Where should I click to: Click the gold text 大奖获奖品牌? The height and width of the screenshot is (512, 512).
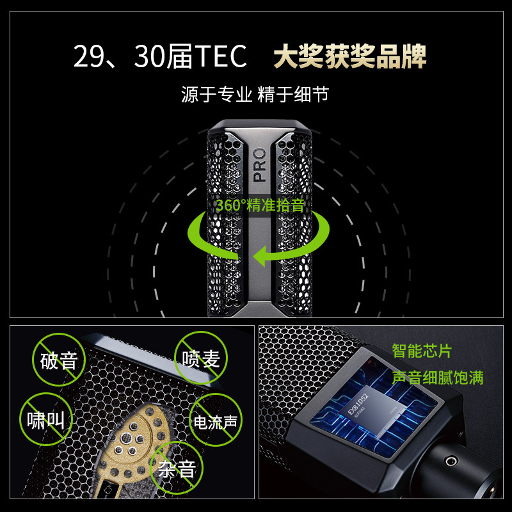[x=349, y=56]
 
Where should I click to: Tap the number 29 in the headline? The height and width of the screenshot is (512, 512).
[x=87, y=56]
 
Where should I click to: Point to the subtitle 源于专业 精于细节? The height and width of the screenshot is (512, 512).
[x=255, y=94]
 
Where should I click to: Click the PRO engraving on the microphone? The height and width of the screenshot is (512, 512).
[x=260, y=165]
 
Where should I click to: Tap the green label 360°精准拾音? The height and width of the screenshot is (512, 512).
[x=260, y=205]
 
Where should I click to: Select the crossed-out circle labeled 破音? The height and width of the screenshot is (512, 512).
[x=59, y=360]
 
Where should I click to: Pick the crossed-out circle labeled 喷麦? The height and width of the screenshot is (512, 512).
[x=201, y=358]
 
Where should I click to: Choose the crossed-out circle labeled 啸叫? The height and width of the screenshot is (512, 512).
[x=45, y=419]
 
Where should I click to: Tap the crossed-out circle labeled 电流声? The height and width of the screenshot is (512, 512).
[x=216, y=420]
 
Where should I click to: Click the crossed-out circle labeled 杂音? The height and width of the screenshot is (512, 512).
[x=177, y=468]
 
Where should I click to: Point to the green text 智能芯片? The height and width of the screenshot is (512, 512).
[x=422, y=351]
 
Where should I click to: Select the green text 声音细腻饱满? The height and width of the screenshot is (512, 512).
[x=438, y=378]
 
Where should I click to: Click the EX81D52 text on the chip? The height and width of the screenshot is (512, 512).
[x=358, y=404]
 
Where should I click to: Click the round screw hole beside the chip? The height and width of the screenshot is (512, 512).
[x=451, y=461]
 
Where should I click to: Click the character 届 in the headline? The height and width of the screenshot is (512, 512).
[x=180, y=56]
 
